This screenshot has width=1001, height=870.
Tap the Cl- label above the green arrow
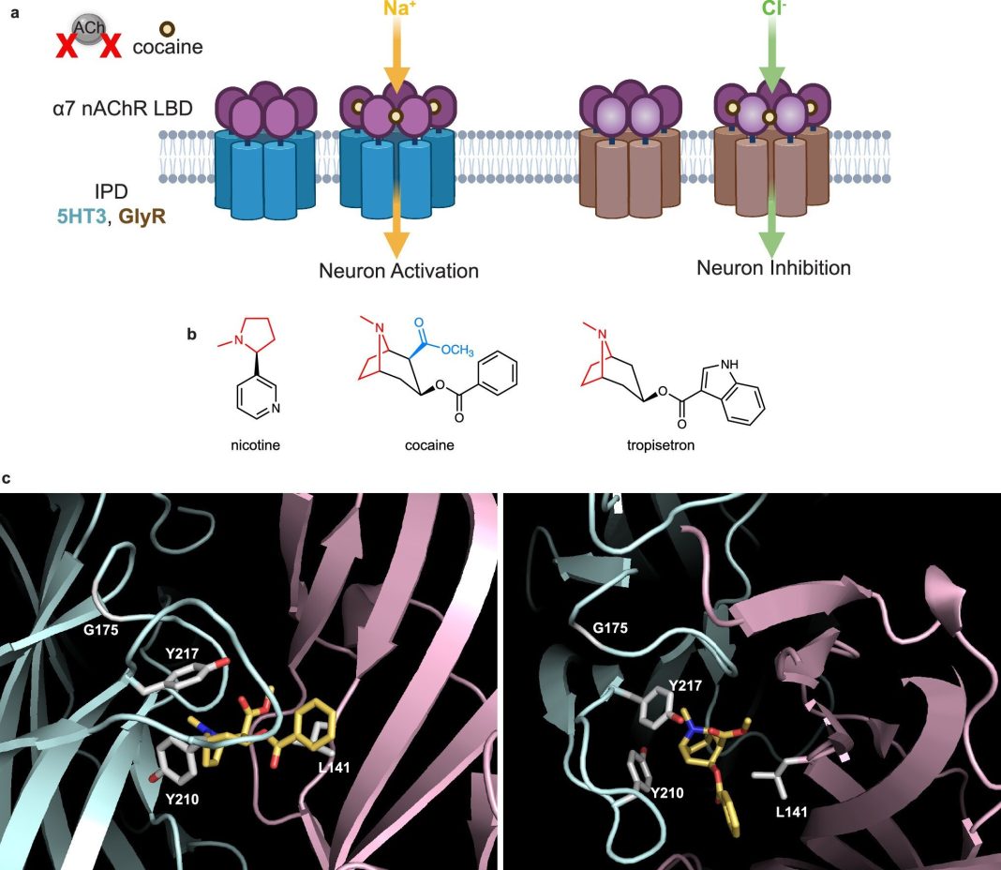point(774,8)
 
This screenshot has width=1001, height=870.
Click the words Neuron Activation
point(398,271)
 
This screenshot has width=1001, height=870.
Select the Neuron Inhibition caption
point(774,267)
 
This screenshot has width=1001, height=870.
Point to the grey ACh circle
point(89,29)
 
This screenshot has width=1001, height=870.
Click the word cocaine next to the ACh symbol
point(168,47)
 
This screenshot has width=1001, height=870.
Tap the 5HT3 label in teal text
point(82,217)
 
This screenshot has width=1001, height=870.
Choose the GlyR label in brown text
point(142,217)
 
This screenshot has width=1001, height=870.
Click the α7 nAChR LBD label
point(123,109)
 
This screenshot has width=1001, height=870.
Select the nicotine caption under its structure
point(255,445)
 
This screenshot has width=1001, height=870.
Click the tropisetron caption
point(661,445)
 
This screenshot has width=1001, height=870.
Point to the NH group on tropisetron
point(730,364)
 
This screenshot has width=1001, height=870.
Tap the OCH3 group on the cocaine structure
point(457,350)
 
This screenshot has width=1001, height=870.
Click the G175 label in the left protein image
point(101,630)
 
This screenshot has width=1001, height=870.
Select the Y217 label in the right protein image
point(685,685)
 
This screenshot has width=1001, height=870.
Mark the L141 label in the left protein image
point(335,767)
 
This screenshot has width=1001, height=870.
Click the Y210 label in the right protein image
point(667,793)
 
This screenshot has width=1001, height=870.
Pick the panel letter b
point(191,334)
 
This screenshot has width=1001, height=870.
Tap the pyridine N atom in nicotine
point(276,408)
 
